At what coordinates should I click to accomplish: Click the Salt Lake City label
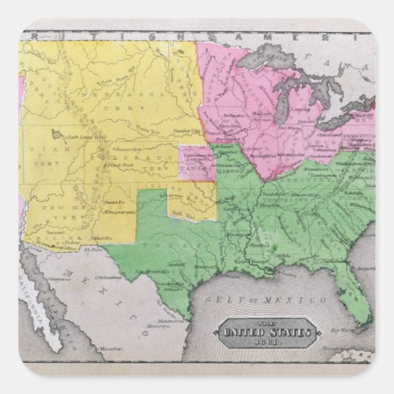coord(86,136)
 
